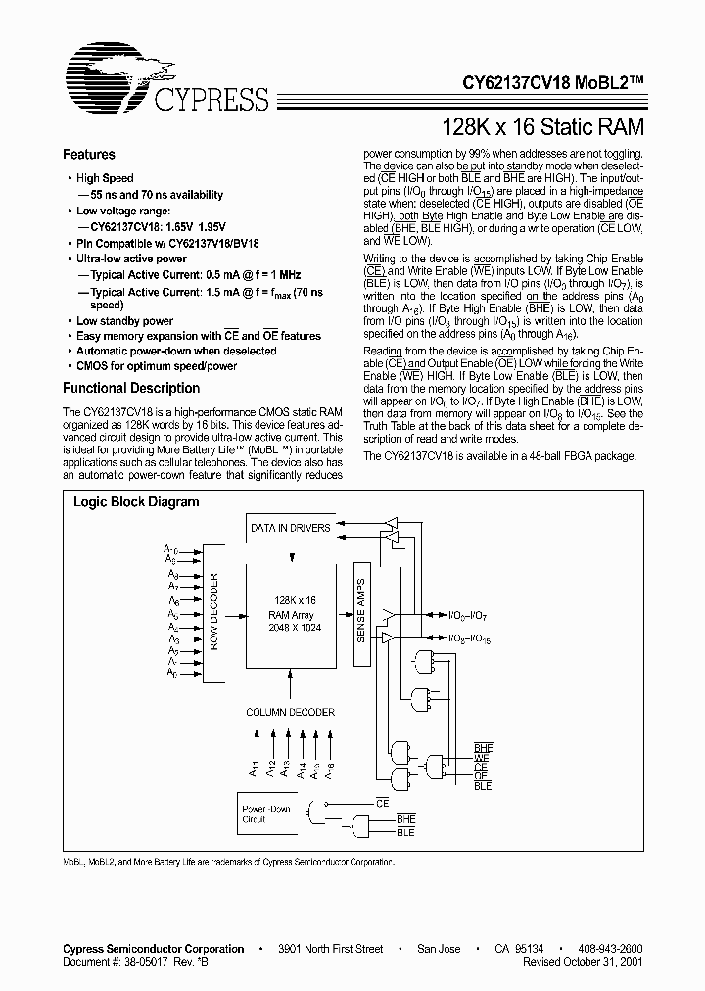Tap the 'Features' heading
tap(89, 155)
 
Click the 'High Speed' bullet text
tap(105, 178)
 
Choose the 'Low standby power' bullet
tap(124, 321)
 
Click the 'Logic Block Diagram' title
tap(136, 502)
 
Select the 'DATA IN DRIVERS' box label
tap(290, 528)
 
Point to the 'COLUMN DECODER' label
tap(290, 712)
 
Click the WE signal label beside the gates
tap(482, 759)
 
